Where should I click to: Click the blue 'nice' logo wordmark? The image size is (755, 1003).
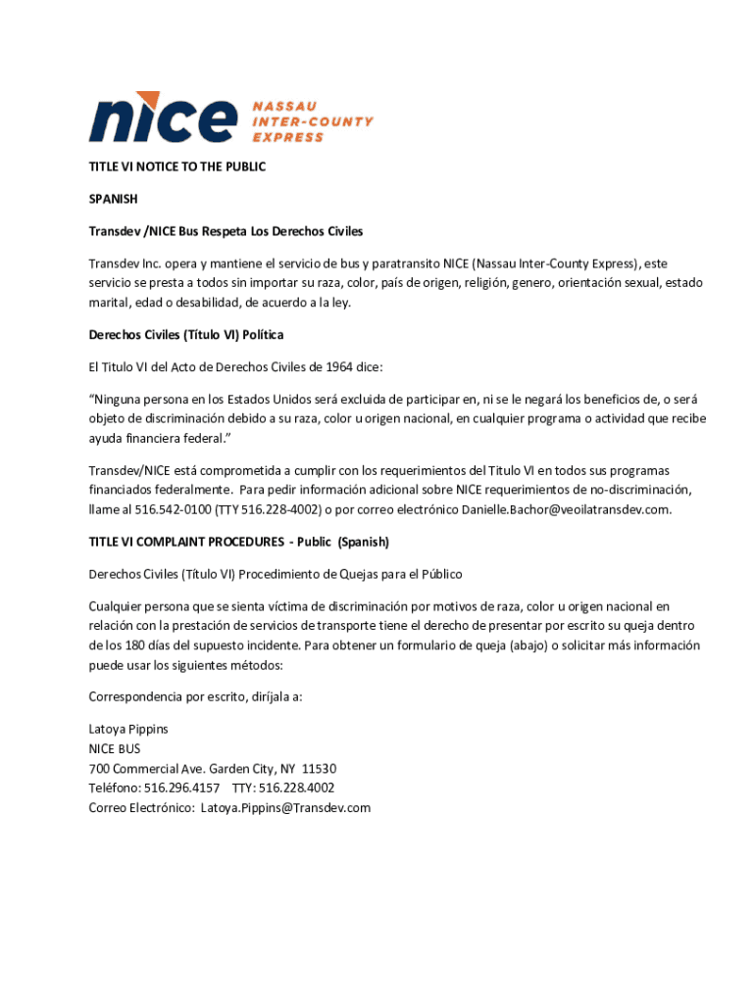pos(163,118)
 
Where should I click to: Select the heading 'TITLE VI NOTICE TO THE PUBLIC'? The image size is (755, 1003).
pos(177,167)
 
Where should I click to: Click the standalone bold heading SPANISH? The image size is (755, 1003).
pos(114,199)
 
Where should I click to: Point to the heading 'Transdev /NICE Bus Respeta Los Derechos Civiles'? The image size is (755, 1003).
pos(226,231)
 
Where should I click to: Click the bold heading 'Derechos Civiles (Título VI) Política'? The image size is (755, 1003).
pos(186,335)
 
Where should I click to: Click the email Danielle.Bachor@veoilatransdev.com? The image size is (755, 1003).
pos(567,509)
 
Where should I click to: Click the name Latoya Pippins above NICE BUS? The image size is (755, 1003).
pos(128,730)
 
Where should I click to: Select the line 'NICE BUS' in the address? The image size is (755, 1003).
pos(115,749)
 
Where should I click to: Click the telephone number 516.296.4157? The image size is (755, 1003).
pos(181,788)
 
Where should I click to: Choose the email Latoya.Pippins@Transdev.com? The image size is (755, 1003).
pos(286,808)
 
